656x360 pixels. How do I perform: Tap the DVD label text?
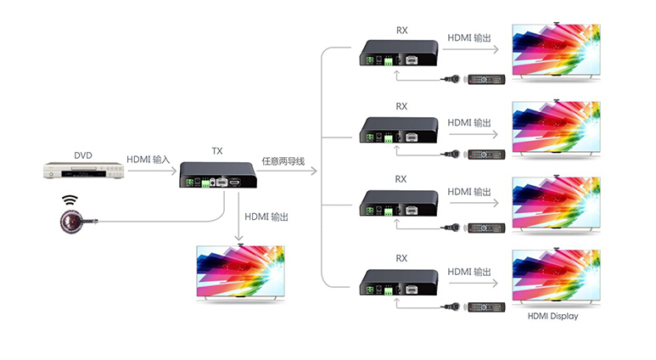[x=83, y=155]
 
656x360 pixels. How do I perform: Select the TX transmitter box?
[x=217, y=175]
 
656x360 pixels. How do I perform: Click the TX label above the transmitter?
[x=217, y=151]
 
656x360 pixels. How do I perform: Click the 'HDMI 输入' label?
[x=149, y=159]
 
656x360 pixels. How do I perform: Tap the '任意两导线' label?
[x=283, y=160]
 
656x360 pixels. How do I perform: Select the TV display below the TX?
[x=241, y=274]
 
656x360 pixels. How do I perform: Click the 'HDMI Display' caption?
[x=552, y=317]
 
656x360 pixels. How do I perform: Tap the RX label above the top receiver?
[x=401, y=31]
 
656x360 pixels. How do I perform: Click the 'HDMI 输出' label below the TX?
[x=266, y=217]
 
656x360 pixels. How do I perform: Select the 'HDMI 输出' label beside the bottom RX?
[x=469, y=272]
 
